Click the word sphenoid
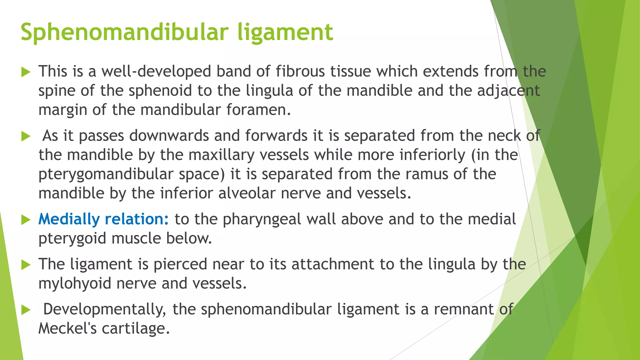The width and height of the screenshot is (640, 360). coord(160,91)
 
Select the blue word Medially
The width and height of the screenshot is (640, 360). coord(69,219)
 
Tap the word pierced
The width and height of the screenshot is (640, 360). coord(180,264)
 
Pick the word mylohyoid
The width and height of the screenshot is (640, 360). coord(75,284)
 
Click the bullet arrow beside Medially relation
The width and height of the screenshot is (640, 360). coord(26,220)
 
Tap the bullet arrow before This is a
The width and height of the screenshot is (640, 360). coord(26,72)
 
